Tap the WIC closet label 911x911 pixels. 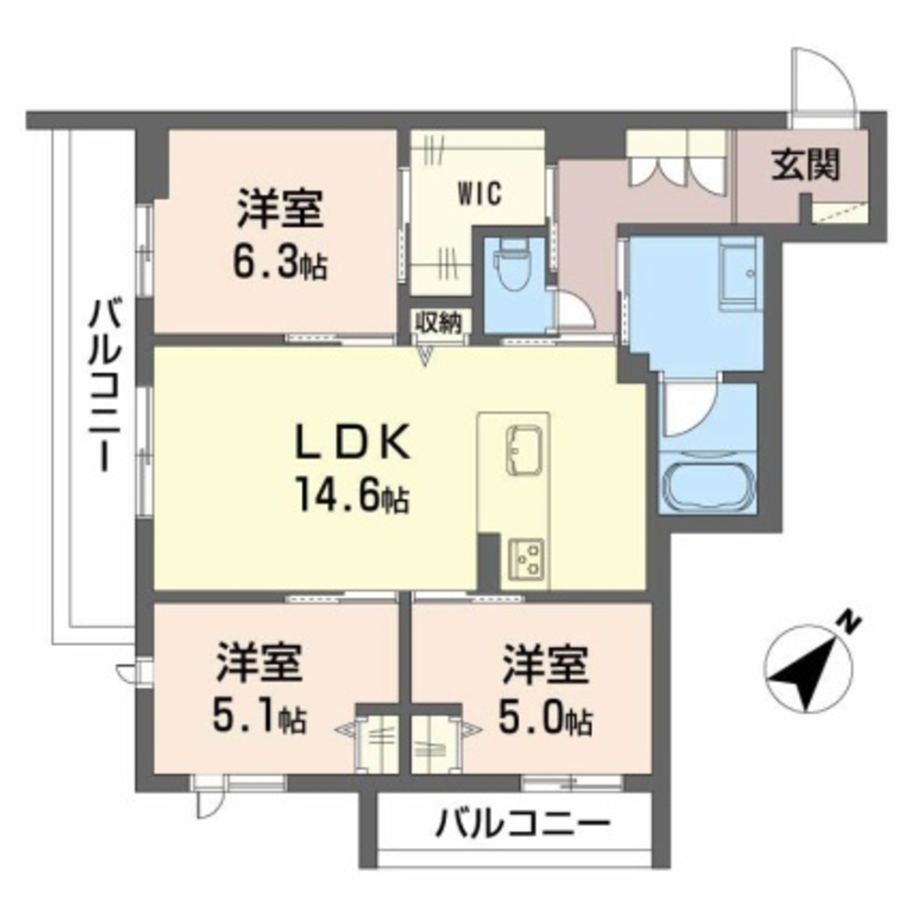(479, 193)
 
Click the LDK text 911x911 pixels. (353, 445)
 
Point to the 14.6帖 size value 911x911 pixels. (353, 496)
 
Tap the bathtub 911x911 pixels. (709, 482)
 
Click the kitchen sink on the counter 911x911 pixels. (524, 451)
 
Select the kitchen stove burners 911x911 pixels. (527, 559)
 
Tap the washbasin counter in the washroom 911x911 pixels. (739, 273)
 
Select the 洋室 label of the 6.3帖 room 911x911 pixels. (280, 210)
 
